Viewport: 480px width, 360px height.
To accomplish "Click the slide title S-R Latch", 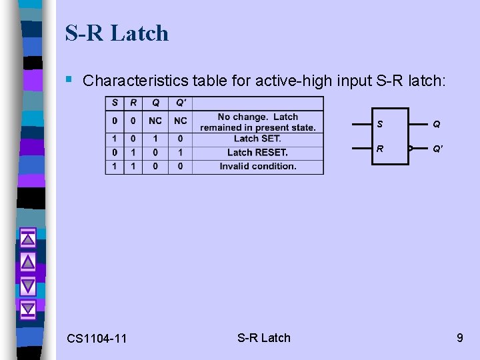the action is [x=117, y=33].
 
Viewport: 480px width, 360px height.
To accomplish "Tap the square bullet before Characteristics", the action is [x=69, y=80].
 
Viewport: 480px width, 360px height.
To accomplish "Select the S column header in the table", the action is [x=115, y=103].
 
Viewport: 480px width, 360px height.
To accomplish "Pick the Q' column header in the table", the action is [x=180, y=103].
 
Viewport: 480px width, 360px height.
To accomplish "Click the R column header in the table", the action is [x=133, y=103].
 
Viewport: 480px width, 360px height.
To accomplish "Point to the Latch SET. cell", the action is [x=257, y=138].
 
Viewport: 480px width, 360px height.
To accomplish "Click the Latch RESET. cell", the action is [x=257, y=152].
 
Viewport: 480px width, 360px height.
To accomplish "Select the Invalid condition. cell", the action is [x=257, y=166].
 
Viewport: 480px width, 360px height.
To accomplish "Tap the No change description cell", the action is [x=257, y=121].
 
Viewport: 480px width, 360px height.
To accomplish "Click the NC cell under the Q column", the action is [x=155, y=121].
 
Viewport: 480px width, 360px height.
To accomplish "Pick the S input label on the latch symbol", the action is [x=380, y=124].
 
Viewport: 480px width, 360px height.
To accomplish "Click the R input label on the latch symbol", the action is [x=380, y=148].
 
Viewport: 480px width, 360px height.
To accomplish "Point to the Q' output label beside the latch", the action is [x=437, y=149].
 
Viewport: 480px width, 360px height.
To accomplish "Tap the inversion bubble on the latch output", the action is [x=411, y=148].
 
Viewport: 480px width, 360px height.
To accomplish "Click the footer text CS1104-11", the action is [x=97, y=339].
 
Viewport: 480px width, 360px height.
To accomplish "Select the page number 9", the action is [x=459, y=338].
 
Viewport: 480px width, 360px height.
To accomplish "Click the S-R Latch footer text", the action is [x=264, y=337].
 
